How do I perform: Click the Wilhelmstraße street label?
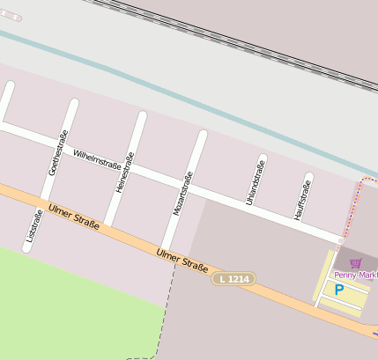96,158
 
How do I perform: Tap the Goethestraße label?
56,152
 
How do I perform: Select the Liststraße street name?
33,226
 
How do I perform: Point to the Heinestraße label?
124,172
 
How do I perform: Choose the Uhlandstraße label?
256,182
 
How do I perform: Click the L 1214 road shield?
233,278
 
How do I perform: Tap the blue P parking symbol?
338,289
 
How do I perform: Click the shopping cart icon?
356,262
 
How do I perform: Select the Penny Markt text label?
355,275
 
